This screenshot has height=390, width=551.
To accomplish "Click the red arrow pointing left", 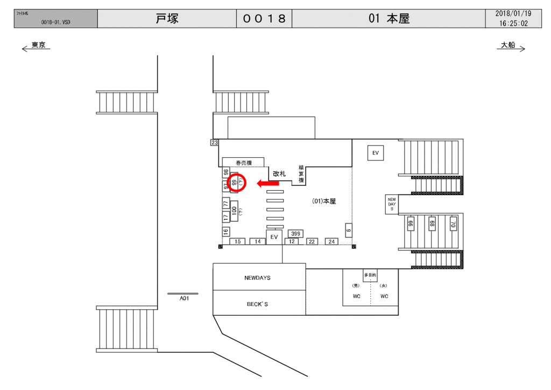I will point(268,183).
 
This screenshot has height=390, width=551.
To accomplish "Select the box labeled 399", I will point(295,233).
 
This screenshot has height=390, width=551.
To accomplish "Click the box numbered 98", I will point(226,173).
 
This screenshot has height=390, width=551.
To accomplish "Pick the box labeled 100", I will point(234,210).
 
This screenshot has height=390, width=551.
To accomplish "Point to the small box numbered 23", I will point(214,143).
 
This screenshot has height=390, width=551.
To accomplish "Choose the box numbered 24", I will point(331,242).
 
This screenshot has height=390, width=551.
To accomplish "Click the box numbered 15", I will point(237,242).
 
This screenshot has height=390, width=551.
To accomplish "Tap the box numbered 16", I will point(226,232).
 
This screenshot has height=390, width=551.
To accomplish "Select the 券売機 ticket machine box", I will point(244,162).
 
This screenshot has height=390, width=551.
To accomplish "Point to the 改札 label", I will point(279,173).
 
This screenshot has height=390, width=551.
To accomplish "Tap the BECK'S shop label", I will point(257,304).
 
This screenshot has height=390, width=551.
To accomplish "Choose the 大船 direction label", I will point(508,45).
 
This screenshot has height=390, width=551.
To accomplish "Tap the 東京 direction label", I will point(38,45).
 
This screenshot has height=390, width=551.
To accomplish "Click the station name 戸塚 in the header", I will point(167,19).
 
